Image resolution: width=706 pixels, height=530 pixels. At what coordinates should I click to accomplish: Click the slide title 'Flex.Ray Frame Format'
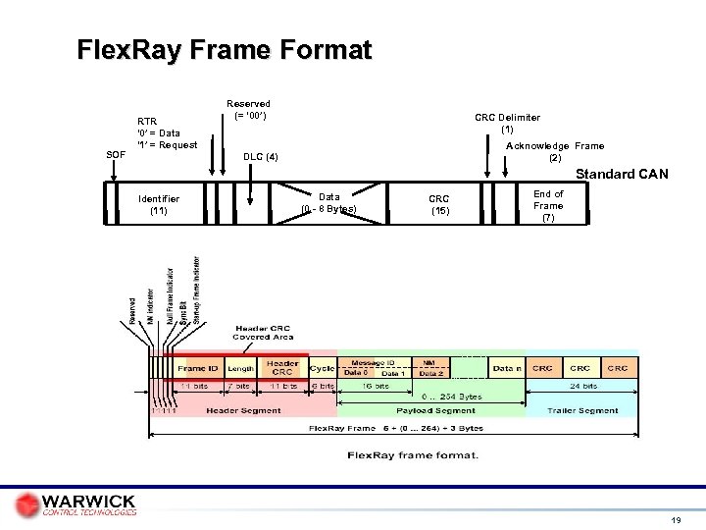[225, 50]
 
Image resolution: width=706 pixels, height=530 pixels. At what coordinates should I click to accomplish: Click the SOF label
[115, 155]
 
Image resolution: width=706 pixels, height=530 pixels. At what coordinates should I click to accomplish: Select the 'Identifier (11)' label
[158, 203]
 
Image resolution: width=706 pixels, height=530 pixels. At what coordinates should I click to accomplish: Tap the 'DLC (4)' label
[260, 156]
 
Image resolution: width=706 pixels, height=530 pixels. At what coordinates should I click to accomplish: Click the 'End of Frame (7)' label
[547, 206]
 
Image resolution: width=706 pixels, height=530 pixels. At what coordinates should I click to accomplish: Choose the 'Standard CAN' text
[622, 175]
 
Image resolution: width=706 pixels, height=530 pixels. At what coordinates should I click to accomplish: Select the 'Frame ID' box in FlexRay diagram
[198, 369]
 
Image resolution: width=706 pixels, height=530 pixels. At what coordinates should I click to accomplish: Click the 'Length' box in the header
[241, 369]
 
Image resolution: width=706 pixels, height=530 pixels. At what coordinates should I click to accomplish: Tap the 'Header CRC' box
[282, 367]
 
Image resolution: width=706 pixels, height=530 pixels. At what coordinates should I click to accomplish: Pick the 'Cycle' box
[322, 368]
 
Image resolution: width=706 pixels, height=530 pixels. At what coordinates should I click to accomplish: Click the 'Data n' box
[506, 368]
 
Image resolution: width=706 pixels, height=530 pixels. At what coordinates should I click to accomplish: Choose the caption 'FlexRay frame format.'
[413, 454]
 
